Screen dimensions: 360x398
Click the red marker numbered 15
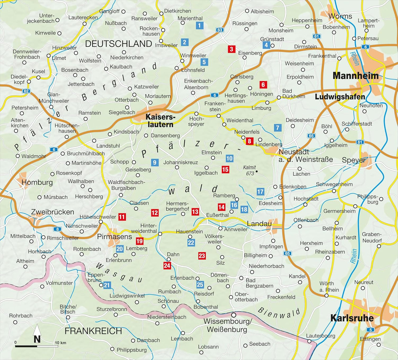pos(225,170)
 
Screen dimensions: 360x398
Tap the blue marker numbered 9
pos(154,162)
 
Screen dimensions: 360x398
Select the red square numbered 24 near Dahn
pos(167,265)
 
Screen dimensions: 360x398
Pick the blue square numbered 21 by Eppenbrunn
pos(107,285)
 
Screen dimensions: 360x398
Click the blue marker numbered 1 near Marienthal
pos(199,25)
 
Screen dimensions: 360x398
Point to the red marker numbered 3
pos(231,49)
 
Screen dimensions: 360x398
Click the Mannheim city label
pos(355,76)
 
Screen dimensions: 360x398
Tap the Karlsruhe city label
pos(352,318)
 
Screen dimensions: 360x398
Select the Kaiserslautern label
pos(159,120)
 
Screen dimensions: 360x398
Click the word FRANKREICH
pos(93,331)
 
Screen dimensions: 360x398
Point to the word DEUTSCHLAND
pos(118,44)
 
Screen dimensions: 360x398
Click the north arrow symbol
pos(37,334)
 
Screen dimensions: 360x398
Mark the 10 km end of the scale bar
pos(58,346)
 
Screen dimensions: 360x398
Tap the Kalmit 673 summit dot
pos(257,171)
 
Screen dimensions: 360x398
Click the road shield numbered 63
pos(220,30)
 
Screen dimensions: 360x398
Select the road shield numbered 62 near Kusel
pos(26,91)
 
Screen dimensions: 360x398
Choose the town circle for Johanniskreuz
pos(177,168)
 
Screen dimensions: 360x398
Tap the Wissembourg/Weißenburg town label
pos(227,325)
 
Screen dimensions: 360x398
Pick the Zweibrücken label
pos(52,212)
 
